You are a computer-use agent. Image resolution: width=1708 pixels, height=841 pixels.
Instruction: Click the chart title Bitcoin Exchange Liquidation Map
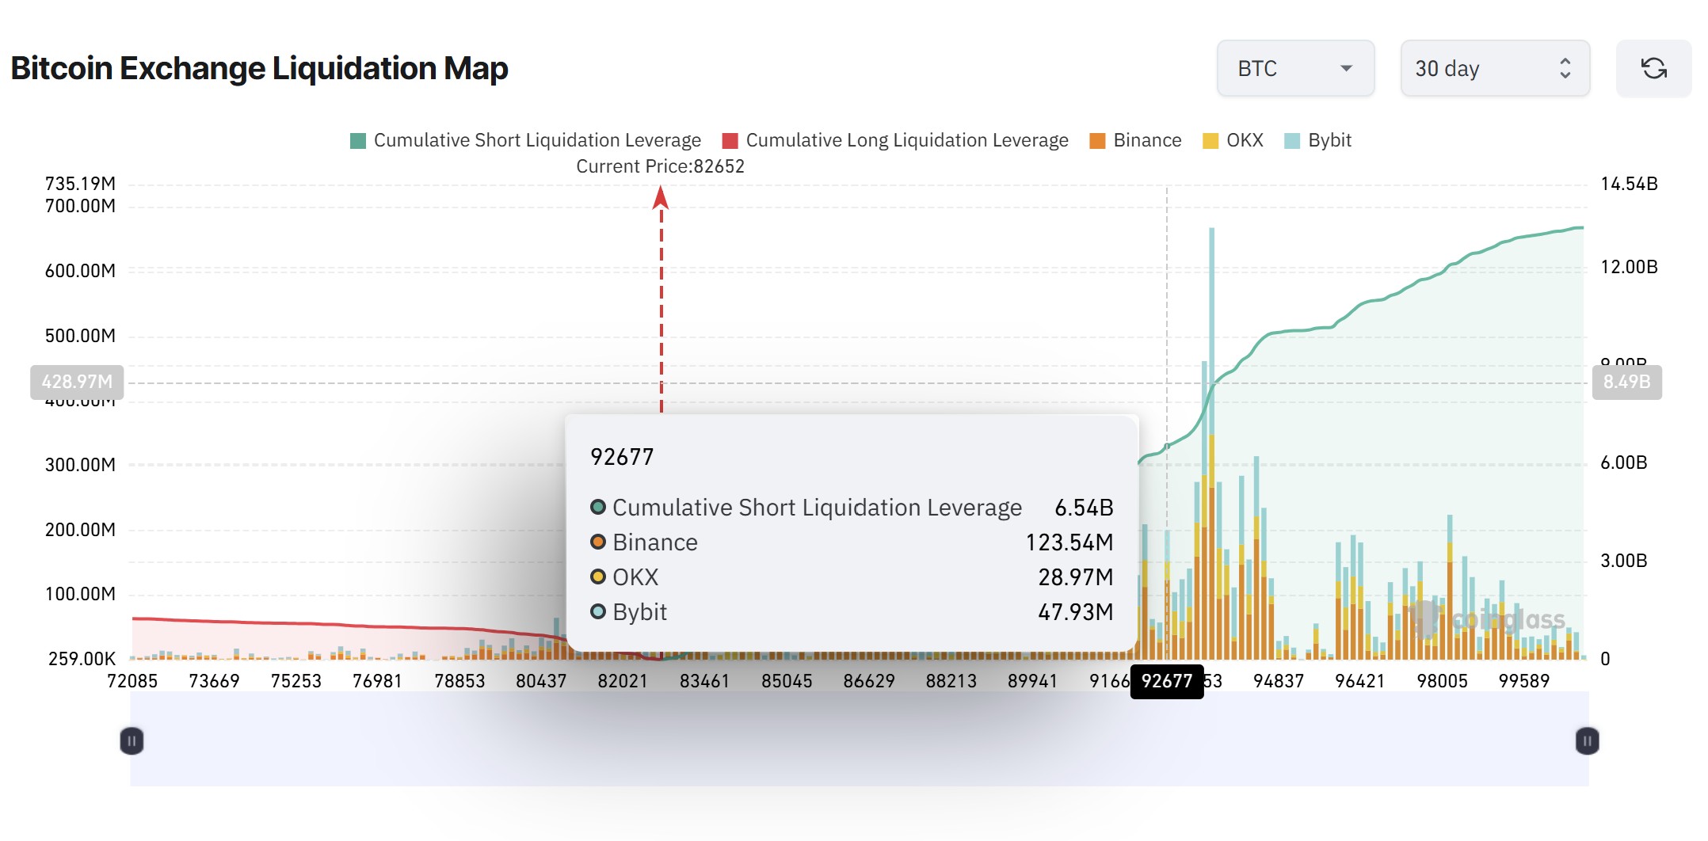[x=259, y=69]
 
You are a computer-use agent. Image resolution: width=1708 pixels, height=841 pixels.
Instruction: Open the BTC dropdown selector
[x=1294, y=69]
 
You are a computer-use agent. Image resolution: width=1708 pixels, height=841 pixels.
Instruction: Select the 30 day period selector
[x=1494, y=69]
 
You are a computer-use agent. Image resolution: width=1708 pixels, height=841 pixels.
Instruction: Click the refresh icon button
[x=1653, y=69]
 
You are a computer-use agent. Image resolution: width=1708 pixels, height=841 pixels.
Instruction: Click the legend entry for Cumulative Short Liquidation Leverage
[x=526, y=141]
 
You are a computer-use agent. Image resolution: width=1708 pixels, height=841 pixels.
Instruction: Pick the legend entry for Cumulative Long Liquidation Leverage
[x=896, y=141]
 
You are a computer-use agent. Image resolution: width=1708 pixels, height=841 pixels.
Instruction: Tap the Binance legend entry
[x=1136, y=141]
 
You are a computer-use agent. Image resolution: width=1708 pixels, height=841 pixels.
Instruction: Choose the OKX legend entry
[x=1233, y=141]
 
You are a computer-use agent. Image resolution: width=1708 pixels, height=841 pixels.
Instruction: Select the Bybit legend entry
[x=1318, y=141]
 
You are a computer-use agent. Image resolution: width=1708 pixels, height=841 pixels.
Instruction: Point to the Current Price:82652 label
[x=660, y=166]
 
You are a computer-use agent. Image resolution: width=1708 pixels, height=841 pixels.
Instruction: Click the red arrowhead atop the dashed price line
[x=661, y=197]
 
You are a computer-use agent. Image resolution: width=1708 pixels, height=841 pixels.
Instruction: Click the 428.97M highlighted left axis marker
[x=77, y=382]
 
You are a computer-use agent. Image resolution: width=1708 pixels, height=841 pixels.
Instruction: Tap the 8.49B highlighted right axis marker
[x=1626, y=382]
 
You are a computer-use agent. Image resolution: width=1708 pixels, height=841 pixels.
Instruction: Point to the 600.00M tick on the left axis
[x=80, y=271]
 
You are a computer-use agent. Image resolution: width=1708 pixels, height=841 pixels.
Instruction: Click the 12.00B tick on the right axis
[x=1629, y=267]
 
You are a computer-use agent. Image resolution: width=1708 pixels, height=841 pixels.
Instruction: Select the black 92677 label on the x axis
[x=1166, y=681]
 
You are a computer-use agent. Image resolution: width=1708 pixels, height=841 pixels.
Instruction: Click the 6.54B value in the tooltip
[x=1084, y=508]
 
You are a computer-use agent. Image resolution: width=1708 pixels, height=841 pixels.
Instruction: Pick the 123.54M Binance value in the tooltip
[x=1069, y=542]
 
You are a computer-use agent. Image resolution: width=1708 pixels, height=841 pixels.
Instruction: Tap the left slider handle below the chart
[x=132, y=741]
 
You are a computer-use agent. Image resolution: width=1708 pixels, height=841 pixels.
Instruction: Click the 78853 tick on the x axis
[x=459, y=681]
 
